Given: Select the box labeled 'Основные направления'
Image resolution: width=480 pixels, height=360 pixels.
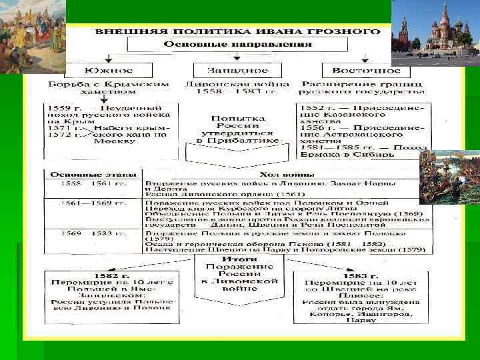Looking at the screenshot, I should point(237,45).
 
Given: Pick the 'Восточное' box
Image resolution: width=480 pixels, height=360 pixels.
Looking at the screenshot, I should point(361,70).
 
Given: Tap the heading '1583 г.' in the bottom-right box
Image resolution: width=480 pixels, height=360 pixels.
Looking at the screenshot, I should point(361,275).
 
